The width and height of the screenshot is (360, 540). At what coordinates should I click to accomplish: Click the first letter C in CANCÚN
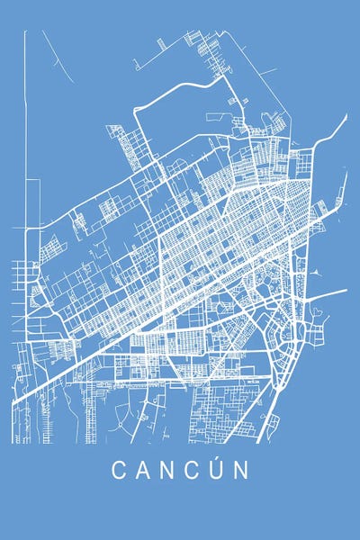(117, 470)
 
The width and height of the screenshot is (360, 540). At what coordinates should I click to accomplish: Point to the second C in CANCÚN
(193, 470)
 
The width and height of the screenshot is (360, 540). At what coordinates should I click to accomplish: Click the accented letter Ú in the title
(219, 470)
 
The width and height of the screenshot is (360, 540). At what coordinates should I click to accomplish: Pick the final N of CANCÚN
(244, 470)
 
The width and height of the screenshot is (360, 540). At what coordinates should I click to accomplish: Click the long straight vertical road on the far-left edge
(25, 135)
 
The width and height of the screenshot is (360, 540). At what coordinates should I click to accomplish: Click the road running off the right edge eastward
(333, 292)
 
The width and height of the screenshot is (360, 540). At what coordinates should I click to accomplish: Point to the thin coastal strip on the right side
(342, 189)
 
